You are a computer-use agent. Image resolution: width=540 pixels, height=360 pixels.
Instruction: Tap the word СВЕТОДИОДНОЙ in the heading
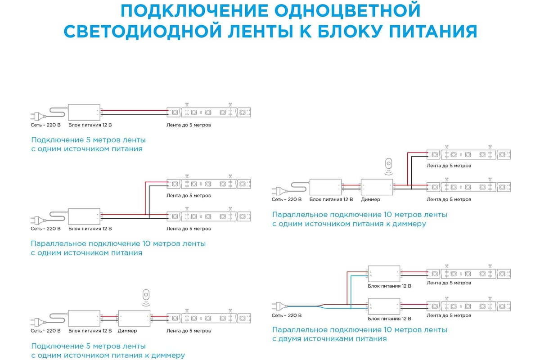pos(143,31)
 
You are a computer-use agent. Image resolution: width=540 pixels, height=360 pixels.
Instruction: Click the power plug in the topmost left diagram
pos(38,117)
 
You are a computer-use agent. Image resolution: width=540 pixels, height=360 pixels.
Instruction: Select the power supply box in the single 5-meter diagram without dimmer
pos(84,112)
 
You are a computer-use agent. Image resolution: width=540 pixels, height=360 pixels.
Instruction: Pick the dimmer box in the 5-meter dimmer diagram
pos(134,318)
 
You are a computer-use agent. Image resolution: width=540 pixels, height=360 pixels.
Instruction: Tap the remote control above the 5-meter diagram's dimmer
pos(146,297)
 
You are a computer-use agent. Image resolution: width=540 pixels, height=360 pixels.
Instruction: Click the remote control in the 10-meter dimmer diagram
pos(388,166)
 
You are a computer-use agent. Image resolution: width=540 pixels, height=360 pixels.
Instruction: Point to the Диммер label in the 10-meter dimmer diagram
pos(370,199)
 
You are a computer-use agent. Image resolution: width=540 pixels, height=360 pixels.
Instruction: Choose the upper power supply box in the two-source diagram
pos(384,274)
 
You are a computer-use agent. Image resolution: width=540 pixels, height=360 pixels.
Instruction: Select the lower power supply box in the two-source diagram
pos(384,306)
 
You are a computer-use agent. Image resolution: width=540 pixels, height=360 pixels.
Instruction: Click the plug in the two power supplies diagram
pos(279,306)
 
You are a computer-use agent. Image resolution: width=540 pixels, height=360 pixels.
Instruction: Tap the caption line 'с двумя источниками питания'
pos(329,339)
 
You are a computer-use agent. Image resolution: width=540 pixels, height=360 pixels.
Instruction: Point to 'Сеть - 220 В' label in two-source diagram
pos(286,315)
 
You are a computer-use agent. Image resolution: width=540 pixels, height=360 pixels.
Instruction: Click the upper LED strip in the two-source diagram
pos(468,274)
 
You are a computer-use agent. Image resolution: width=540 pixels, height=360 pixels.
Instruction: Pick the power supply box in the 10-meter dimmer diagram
pos(325,187)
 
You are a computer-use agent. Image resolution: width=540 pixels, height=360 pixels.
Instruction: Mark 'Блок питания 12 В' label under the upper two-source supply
pos(389,286)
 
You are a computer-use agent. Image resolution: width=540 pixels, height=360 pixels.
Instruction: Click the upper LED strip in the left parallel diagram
pos(209,184)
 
